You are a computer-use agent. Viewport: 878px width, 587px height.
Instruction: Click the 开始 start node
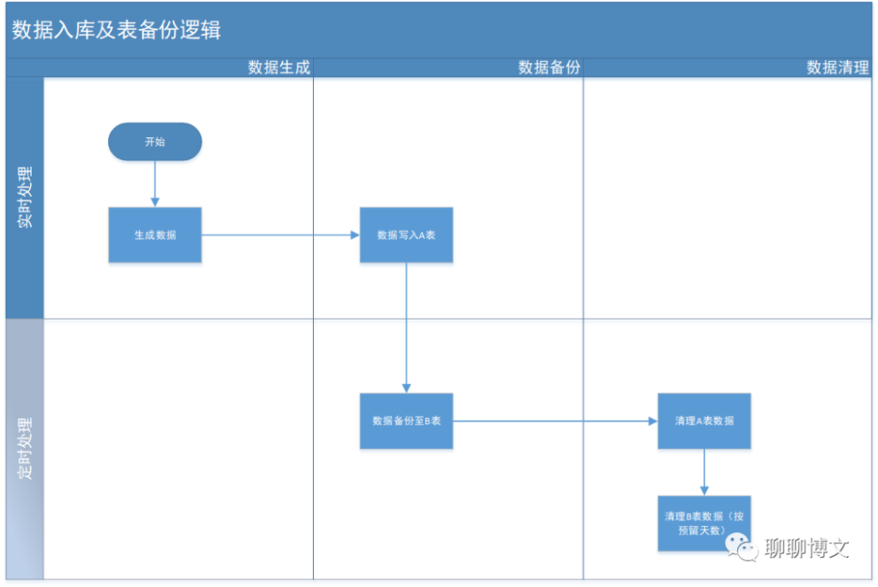(x=154, y=142)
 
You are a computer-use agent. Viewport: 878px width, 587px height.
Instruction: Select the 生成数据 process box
(x=154, y=235)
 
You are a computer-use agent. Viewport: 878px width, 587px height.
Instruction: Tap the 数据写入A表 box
(x=406, y=235)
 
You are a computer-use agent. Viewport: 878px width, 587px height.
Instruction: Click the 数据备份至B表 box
(x=406, y=421)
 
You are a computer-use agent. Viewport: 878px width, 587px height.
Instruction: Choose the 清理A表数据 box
(x=704, y=421)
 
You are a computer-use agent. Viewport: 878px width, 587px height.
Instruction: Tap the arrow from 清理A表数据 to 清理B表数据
(x=704, y=472)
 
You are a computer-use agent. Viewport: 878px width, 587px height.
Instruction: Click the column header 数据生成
(x=279, y=68)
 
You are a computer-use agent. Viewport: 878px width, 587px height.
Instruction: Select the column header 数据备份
(x=549, y=68)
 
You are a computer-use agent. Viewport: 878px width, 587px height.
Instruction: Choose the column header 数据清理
(x=837, y=68)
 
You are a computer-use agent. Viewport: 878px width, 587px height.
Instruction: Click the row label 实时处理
(x=25, y=198)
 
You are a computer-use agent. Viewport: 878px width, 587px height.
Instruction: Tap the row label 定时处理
(x=25, y=448)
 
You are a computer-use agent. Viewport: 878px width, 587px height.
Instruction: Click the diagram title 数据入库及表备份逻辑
(x=117, y=30)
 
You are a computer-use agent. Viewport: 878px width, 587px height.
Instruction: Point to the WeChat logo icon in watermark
(x=742, y=546)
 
